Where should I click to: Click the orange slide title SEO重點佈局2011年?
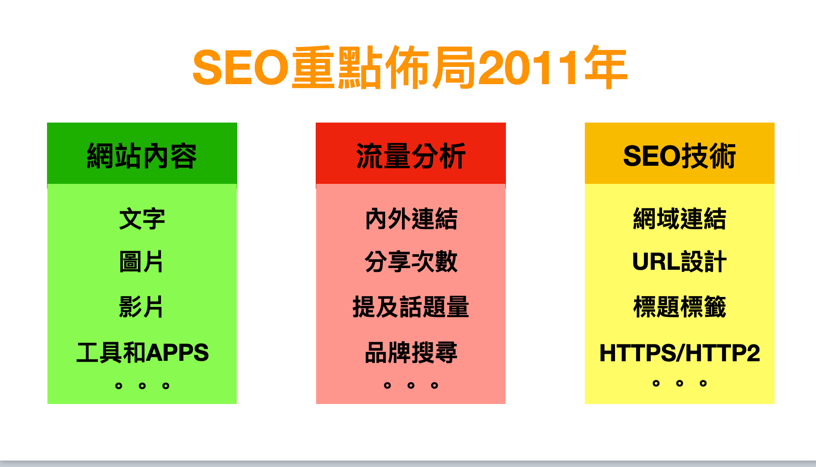point(410,68)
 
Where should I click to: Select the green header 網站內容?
point(142,156)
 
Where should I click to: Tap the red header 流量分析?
point(411,156)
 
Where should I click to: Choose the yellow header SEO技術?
point(679,156)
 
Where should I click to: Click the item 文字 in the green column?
point(142,219)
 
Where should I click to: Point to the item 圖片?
point(141,262)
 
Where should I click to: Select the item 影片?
point(141,307)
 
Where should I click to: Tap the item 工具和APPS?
point(142,352)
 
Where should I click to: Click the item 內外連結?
point(411,219)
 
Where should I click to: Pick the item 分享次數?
point(411,262)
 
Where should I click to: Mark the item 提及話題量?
point(411,307)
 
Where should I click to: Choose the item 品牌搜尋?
point(411,352)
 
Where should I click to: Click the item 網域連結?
point(680,219)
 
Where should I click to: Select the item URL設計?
point(679,262)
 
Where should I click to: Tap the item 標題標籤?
point(680,307)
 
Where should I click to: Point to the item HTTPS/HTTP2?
point(680,353)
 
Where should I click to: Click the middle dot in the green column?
point(142,385)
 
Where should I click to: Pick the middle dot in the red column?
point(411,385)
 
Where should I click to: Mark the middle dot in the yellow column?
point(680,383)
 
